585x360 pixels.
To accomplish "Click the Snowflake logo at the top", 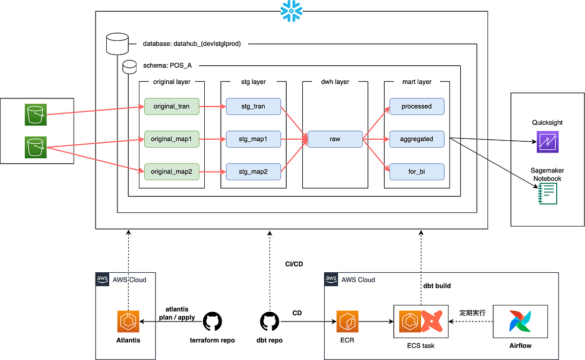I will pyautogui.click(x=292, y=10).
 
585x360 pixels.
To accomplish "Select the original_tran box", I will pyautogui.click(x=172, y=106).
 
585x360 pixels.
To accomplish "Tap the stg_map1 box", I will pyautogui.click(x=253, y=139).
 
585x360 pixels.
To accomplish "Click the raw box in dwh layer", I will pyautogui.click(x=335, y=139).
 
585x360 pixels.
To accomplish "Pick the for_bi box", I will pyautogui.click(x=416, y=171).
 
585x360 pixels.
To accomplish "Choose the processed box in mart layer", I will pyautogui.click(x=416, y=106).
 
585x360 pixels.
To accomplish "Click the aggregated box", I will pyautogui.click(x=416, y=139).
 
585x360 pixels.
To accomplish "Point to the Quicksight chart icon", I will pyautogui.click(x=547, y=142).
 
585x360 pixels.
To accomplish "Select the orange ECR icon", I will pyautogui.click(x=347, y=322).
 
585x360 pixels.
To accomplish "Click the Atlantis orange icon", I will pyautogui.click(x=129, y=322).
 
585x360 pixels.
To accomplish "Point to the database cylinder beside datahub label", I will pyautogui.click(x=117, y=44).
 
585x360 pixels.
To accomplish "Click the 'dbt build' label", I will pyautogui.click(x=437, y=286).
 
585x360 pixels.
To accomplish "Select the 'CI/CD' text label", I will pyautogui.click(x=294, y=264).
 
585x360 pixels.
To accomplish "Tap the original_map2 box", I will pyautogui.click(x=172, y=171).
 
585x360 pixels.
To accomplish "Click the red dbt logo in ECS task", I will pyautogui.click(x=431, y=322).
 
